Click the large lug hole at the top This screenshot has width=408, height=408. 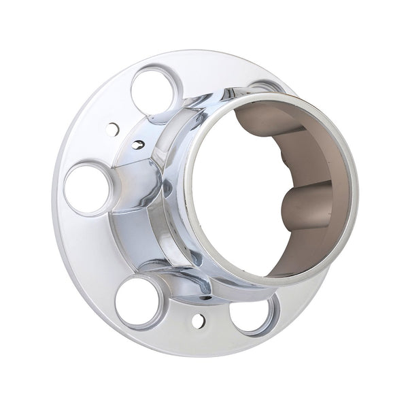[x=154, y=90]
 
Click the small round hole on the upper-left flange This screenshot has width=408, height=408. [x=113, y=127]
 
